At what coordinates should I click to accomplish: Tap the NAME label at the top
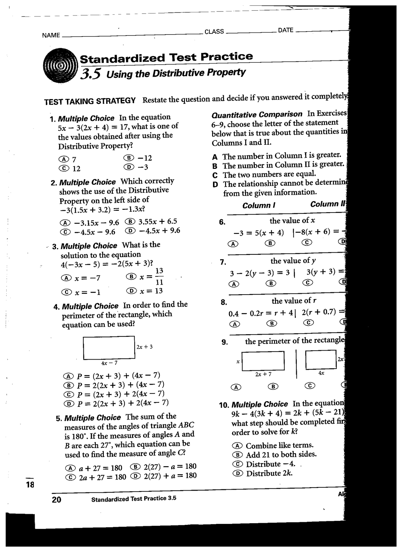51,35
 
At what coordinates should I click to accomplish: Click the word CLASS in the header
214,32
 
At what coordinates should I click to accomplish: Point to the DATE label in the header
286,30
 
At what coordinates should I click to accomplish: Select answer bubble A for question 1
62,159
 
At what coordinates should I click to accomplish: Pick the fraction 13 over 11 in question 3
159,276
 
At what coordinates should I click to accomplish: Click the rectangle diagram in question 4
109,348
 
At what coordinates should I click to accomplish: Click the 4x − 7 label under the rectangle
109,363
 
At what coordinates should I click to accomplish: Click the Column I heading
259,205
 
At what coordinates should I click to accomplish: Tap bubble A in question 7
232,284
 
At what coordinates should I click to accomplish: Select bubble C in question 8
309,323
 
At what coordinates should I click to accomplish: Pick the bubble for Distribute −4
237,465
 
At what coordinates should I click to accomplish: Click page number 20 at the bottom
57,500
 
